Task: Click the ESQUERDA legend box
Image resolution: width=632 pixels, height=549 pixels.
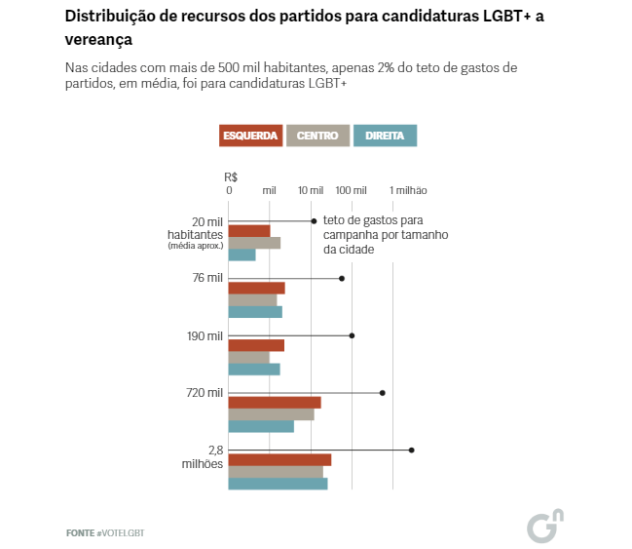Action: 250,136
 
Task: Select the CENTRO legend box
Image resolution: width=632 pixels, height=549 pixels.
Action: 317,136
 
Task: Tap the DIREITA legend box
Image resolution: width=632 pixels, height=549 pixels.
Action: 385,136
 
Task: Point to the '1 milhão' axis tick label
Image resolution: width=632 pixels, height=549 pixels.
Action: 409,190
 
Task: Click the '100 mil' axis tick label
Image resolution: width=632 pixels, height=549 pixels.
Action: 351,190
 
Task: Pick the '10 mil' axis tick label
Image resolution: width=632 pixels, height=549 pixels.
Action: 311,190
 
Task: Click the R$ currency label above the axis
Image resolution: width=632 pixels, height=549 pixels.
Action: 231,176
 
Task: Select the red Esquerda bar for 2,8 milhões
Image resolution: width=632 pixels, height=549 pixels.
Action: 279,459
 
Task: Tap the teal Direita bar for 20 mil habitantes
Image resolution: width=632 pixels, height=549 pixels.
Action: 242,255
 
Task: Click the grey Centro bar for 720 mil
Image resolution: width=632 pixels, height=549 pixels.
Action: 271,414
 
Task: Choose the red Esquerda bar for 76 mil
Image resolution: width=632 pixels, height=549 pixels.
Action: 256,288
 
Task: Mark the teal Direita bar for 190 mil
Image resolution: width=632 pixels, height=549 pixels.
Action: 254,369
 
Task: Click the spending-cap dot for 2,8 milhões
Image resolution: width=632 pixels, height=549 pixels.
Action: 412,450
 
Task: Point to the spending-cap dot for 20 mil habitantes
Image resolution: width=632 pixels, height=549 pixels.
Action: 314,221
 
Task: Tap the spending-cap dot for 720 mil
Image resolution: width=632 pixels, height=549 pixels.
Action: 383,392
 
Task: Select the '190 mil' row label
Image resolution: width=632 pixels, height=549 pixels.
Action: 204,335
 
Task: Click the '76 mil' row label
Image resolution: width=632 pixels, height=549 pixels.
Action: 207,278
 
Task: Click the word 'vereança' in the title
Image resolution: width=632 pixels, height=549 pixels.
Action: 98,40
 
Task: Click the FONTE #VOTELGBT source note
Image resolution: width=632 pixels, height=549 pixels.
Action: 97,532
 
